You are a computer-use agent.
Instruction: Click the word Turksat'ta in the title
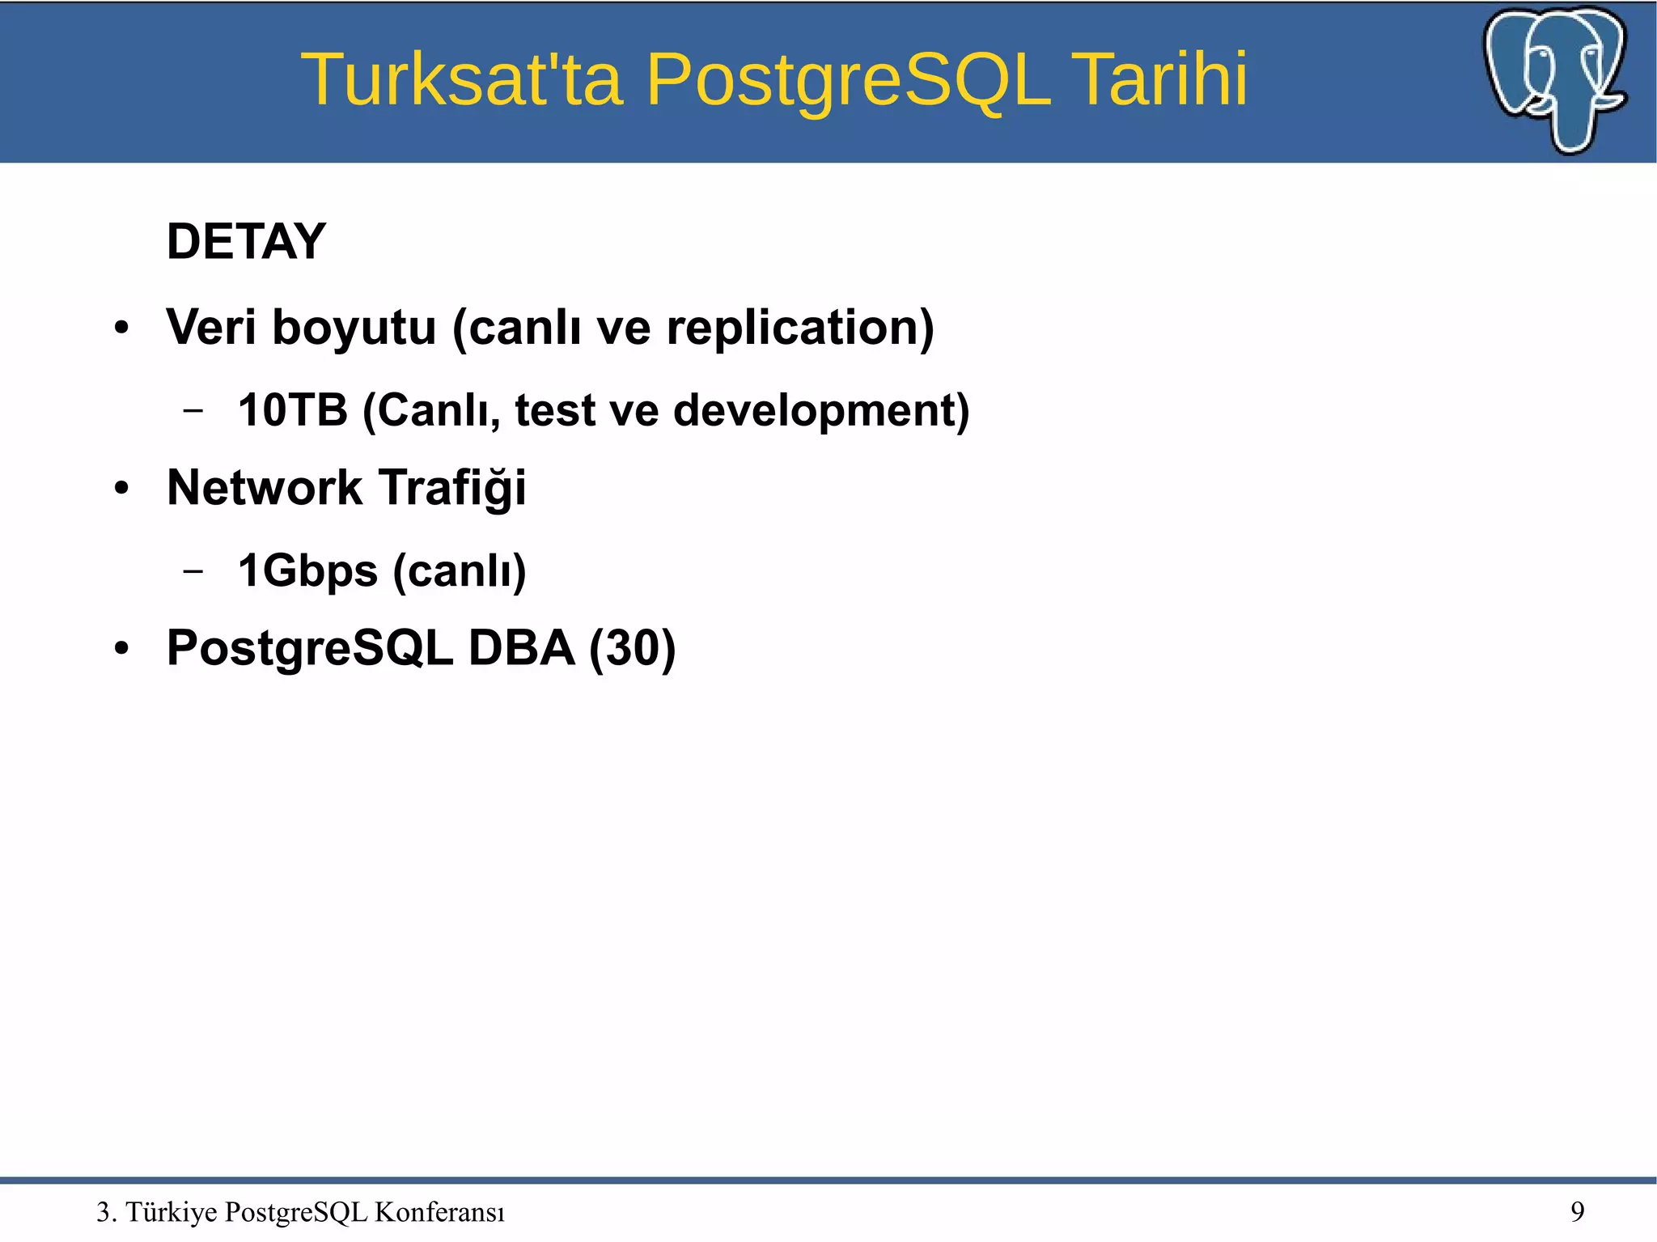click(x=461, y=79)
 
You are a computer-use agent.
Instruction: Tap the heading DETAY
click(x=246, y=241)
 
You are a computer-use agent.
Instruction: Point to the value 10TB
click(x=292, y=410)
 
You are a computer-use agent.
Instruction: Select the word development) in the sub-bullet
click(x=820, y=410)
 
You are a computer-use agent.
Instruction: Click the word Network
click(x=264, y=488)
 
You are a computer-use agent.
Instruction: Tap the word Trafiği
click(x=452, y=488)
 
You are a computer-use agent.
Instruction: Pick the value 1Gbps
click(x=307, y=571)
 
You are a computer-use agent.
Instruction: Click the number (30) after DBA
click(x=632, y=648)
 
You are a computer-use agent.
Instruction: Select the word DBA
click(x=521, y=648)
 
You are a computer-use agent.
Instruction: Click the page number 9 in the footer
click(x=1577, y=1211)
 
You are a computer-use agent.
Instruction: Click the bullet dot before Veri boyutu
click(x=121, y=329)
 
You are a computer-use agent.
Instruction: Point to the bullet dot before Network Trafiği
click(x=121, y=489)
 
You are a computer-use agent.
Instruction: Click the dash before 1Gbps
click(x=193, y=571)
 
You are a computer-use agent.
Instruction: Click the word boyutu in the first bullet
click(x=354, y=328)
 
